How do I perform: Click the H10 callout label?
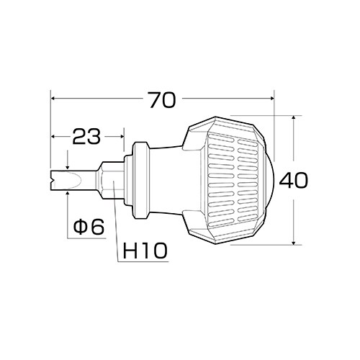[x=145, y=251]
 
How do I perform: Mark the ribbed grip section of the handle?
[x=230, y=179]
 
